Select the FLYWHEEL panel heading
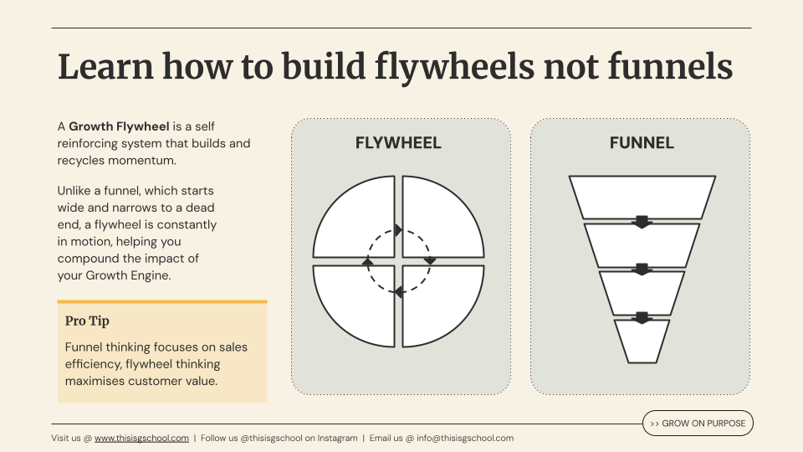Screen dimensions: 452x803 coord(398,143)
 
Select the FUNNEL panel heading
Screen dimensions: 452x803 coord(642,143)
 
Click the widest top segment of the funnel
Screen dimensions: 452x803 coord(642,196)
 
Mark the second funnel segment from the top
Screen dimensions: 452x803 coord(642,244)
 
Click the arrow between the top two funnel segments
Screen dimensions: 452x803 coord(642,222)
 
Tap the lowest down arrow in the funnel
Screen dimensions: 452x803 coord(642,317)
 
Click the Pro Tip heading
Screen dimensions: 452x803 coord(87,321)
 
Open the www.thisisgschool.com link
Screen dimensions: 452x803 coord(141,438)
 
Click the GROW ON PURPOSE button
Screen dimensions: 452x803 coord(698,424)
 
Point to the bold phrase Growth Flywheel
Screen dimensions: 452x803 coord(119,127)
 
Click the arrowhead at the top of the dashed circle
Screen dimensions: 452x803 coord(398,230)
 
